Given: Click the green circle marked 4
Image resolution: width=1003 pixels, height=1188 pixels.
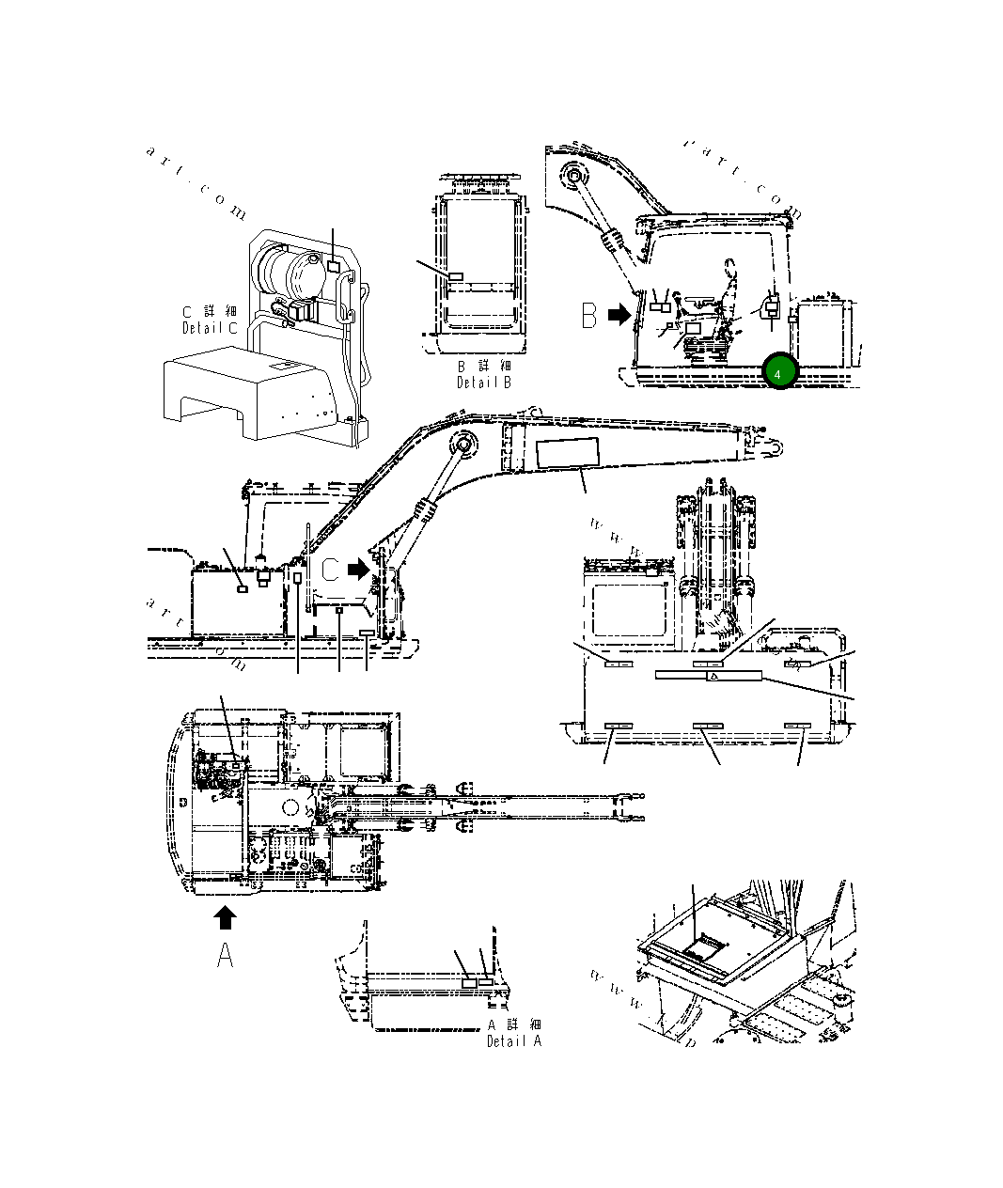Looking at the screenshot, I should click(779, 373).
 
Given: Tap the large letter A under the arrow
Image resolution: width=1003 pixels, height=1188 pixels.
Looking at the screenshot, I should click(226, 955).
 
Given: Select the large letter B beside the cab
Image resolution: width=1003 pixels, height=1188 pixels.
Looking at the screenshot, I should click(589, 316).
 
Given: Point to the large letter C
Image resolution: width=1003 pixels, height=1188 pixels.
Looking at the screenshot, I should click(330, 570).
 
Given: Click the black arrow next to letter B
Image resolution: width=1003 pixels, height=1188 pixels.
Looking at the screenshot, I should click(619, 316).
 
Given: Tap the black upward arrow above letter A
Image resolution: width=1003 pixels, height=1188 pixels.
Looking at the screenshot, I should click(226, 917).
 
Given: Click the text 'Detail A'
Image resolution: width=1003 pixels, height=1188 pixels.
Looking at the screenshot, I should click(513, 1041).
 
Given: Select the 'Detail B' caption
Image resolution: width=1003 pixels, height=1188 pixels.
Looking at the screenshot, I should click(484, 383).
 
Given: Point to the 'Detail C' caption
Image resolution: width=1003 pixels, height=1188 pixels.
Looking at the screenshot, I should click(210, 328).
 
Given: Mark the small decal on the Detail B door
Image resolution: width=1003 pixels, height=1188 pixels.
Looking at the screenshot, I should click(456, 277).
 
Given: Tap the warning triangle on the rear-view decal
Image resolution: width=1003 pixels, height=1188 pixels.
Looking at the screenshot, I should click(713, 676).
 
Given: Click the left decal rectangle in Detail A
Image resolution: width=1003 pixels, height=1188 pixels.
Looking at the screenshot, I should click(469, 981).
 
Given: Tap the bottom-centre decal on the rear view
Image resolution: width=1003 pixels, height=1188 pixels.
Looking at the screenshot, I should click(707, 727).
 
